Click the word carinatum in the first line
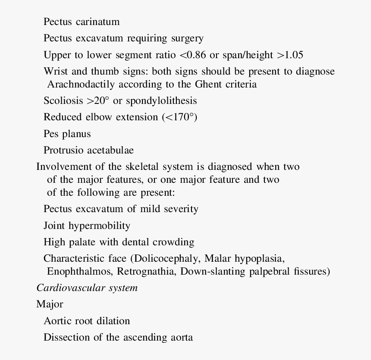click(97, 22)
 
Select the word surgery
click(187, 38)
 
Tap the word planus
click(76, 134)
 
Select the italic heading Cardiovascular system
click(87, 288)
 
